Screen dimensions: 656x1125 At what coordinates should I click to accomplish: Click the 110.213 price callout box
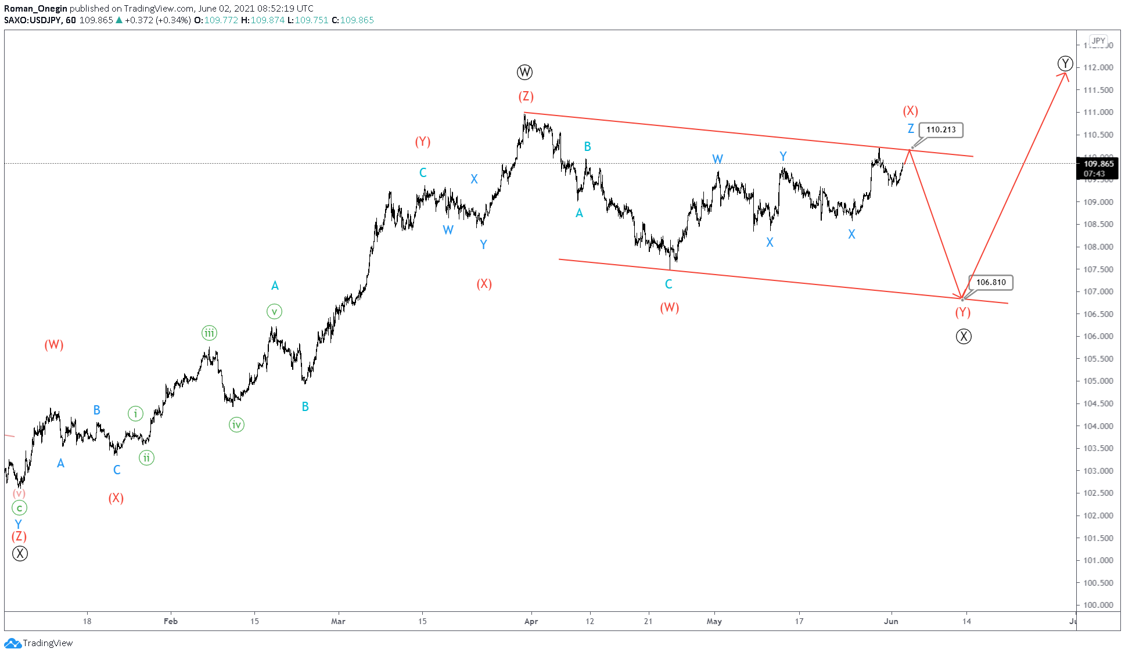click(x=940, y=130)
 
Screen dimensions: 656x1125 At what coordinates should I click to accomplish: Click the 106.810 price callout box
click(x=990, y=283)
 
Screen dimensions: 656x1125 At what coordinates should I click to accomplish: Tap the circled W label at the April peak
click(x=524, y=73)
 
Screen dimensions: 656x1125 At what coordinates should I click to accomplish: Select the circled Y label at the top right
click(x=1065, y=63)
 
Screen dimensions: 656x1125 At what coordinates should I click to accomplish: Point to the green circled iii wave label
click(x=209, y=333)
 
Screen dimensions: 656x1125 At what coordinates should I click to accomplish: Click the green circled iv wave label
click(x=236, y=425)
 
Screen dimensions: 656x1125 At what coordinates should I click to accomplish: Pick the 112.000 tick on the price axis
click(x=1098, y=67)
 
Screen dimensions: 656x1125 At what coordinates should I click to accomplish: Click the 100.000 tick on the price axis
click(x=1098, y=605)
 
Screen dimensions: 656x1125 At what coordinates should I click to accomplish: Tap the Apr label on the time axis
click(x=531, y=621)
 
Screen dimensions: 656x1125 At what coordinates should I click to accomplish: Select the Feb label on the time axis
click(x=171, y=621)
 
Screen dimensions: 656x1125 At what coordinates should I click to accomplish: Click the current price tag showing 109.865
click(x=1098, y=164)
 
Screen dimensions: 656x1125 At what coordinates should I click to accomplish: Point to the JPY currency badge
click(x=1098, y=41)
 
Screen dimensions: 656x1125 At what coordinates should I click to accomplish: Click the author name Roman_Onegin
click(x=35, y=9)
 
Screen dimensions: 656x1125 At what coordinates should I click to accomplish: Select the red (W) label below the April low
click(x=669, y=308)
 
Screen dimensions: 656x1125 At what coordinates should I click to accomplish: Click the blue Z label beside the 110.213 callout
click(x=911, y=129)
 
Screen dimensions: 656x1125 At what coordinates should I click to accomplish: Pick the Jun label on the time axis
click(x=891, y=621)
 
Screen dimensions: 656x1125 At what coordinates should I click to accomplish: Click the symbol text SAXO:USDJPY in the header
click(x=33, y=20)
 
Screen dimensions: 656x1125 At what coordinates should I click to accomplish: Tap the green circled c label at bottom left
click(x=19, y=509)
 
